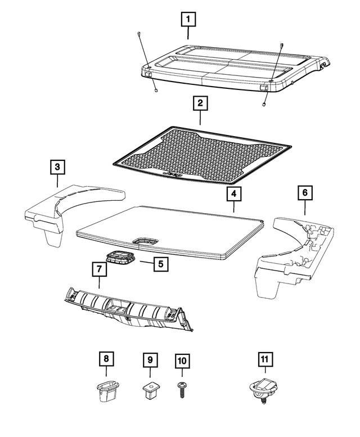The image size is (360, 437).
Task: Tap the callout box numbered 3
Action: pos(57,167)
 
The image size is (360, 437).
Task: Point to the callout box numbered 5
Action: pos(160,263)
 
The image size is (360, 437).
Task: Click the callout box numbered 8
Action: pos(105,358)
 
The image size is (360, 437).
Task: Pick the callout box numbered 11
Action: pos(265,358)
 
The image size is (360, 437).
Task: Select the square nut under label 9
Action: pos(150,388)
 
